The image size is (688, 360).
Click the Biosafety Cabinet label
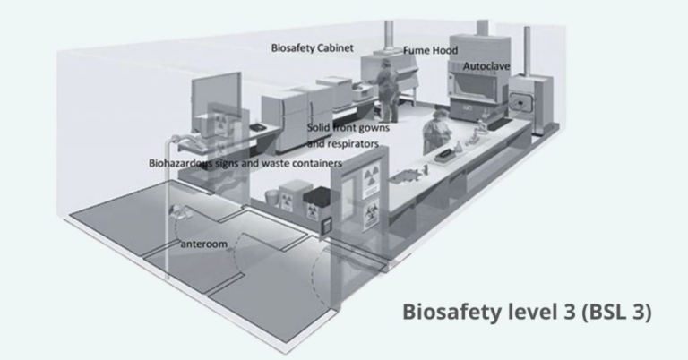coord(313,47)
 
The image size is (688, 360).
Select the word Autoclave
coord(487,66)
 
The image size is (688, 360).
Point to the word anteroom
coord(202,243)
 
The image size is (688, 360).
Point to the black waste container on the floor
coord(315,196)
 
